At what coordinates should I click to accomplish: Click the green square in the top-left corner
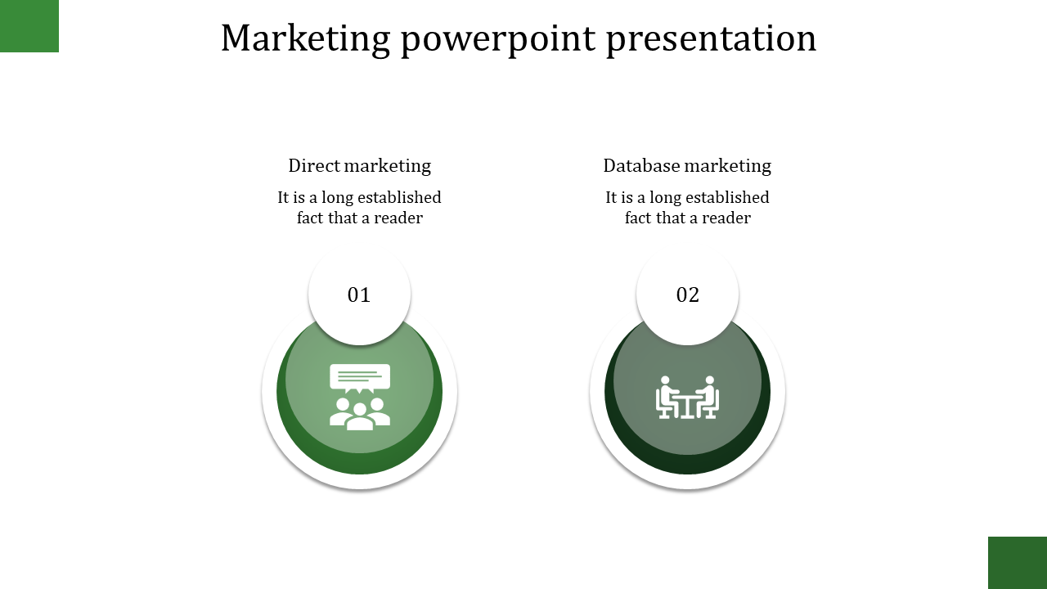click(29, 25)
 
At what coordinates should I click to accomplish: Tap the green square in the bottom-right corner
click(1018, 563)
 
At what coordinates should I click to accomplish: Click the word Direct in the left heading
click(314, 165)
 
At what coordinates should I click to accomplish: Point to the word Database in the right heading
click(641, 165)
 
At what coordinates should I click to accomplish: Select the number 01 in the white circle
click(359, 295)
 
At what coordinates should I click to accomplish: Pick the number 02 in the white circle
click(688, 295)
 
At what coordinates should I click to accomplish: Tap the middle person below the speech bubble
click(359, 416)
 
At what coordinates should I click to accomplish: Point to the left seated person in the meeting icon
click(667, 397)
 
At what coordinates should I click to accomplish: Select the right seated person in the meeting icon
click(708, 397)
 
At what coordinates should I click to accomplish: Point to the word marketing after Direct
click(387, 166)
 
